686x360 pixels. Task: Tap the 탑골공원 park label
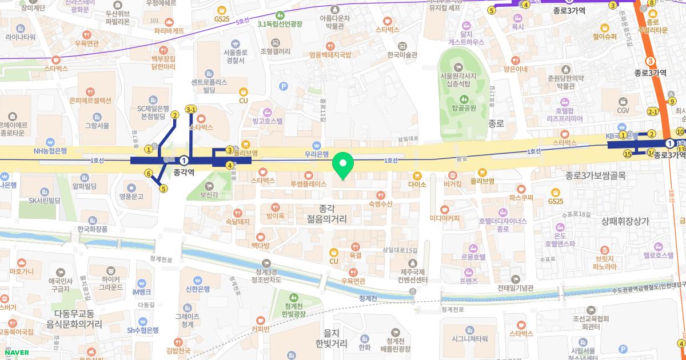point(463,107)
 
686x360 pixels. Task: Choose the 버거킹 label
point(452,185)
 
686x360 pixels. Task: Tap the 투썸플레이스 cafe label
point(308,184)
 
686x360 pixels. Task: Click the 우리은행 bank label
point(316,154)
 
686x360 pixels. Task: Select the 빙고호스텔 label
point(268,121)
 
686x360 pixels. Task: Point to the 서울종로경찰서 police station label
point(235,56)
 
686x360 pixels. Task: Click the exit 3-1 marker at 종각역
point(191,109)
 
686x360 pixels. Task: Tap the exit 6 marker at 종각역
point(148,173)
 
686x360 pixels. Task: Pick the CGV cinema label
point(623,110)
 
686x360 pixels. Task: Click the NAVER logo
point(15,352)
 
